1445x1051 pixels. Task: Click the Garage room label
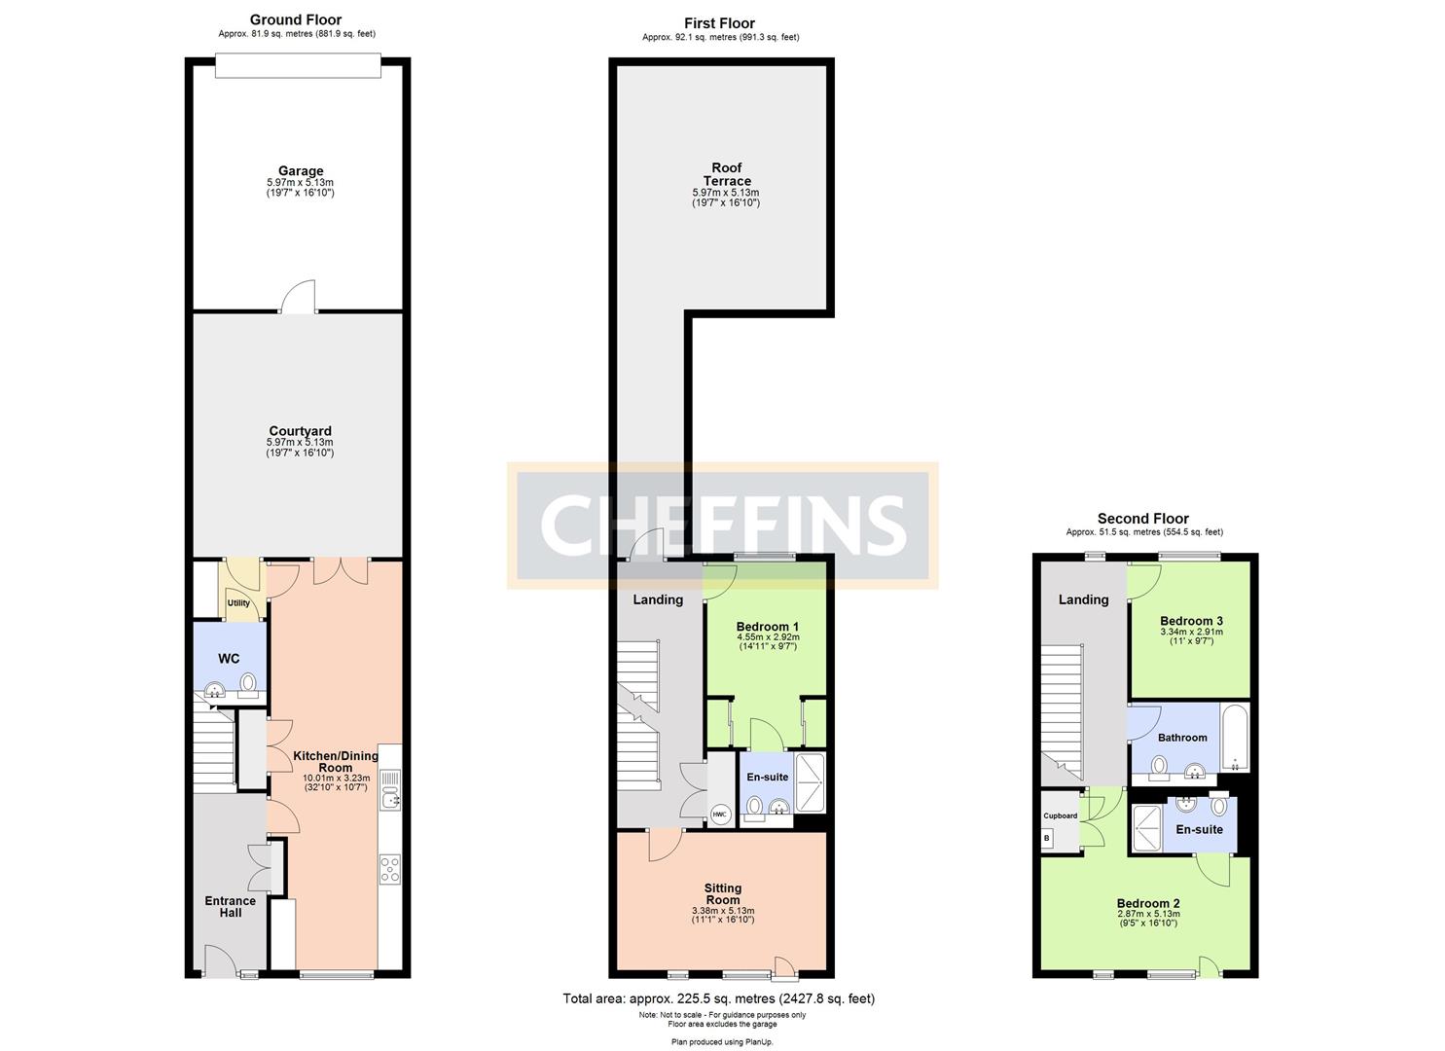pos(301,171)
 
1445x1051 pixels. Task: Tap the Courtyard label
pos(301,431)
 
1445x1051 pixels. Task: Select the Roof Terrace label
pos(728,174)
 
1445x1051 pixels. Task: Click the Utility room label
pos(238,603)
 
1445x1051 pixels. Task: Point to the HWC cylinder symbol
pos(720,815)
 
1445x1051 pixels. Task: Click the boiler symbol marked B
pos(1048,838)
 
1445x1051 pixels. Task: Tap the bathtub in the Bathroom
pos(1235,737)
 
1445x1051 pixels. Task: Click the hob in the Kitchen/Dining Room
pos(389,868)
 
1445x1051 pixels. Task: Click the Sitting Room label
pos(723,893)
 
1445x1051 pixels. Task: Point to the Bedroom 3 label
pos(1191,621)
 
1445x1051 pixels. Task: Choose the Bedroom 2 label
pos(1148,903)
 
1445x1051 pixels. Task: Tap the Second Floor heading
pos(1143,519)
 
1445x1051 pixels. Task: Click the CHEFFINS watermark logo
pos(723,525)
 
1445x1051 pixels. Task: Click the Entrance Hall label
pos(231,906)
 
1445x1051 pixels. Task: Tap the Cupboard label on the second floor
pos(1060,815)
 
